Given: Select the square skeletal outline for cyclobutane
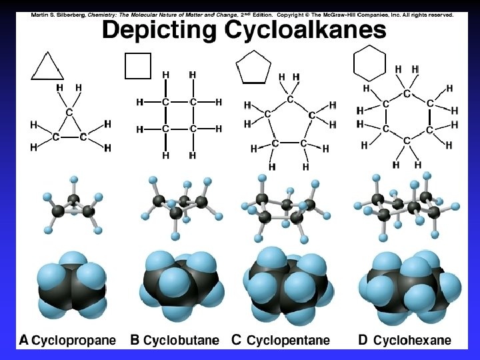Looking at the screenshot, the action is point(138,66).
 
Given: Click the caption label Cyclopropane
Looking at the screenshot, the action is point(74,340).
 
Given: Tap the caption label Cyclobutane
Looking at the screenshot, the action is point(181,340).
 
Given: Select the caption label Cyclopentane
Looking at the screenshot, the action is point(288,340).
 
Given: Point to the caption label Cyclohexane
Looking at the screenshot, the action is point(412,340).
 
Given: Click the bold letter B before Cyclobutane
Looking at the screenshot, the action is point(135,340).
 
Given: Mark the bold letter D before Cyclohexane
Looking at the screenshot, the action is point(363,340).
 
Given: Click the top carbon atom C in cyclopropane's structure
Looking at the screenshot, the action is point(69,113).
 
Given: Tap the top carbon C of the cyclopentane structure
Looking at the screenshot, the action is point(290,99).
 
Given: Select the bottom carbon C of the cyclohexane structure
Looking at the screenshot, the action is point(407,141).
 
